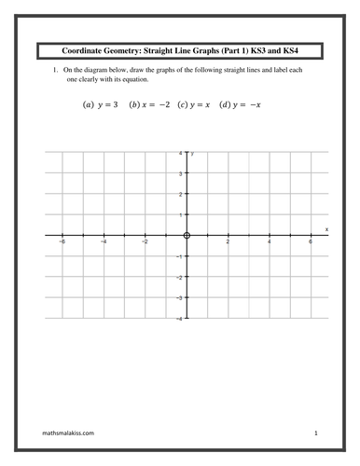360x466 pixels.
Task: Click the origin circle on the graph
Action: pyautogui.click(x=187, y=236)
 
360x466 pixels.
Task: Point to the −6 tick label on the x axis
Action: pyautogui.click(x=62, y=242)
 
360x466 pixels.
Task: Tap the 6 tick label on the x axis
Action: pyautogui.click(x=312, y=242)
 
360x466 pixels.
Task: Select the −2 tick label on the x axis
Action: pyautogui.click(x=145, y=242)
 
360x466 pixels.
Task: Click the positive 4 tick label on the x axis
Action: pyautogui.click(x=270, y=242)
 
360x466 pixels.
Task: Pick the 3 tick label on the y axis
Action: pyautogui.click(x=181, y=173)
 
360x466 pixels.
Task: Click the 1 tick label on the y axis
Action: pyautogui.click(x=181, y=215)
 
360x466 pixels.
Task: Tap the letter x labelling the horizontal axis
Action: pyautogui.click(x=326, y=228)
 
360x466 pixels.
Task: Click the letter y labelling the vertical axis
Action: pyautogui.click(x=192, y=154)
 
